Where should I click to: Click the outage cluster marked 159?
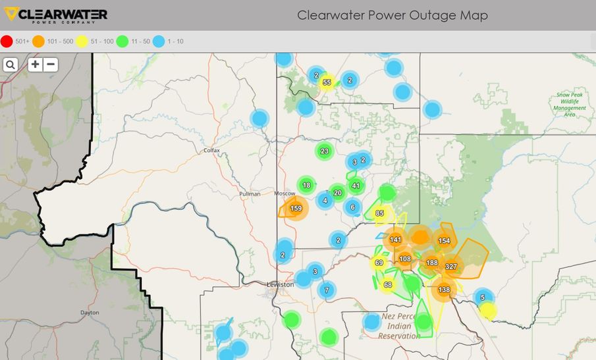pyautogui.click(x=296, y=209)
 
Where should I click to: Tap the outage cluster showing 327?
pyautogui.click(x=451, y=267)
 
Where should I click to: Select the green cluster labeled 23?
pyautogui.click(x=324, y=151)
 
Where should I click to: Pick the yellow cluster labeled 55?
pyautogui.click(x=327, y=82)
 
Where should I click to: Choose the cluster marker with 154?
pyautogui.click(x=444, y=241)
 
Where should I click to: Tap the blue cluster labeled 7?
pyautogui.click(x=326, y=290)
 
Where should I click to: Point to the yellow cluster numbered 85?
pyautogui.click(x=379, y=213)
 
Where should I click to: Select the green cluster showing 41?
pyautogui.click(x=356, y=186)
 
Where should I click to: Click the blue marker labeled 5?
pyautogui.click(x=483, y=297)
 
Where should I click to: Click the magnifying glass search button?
pyautogui.click(x=11, y=64)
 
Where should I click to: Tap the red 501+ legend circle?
pyautogui.click(x=7, y=41)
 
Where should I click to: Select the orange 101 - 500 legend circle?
pyautogui.click(x=39, y=41)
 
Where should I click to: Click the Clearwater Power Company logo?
pyautogui.click(x=55, y=14)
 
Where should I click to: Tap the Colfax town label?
pyautogui.click(x=211, y=150)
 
